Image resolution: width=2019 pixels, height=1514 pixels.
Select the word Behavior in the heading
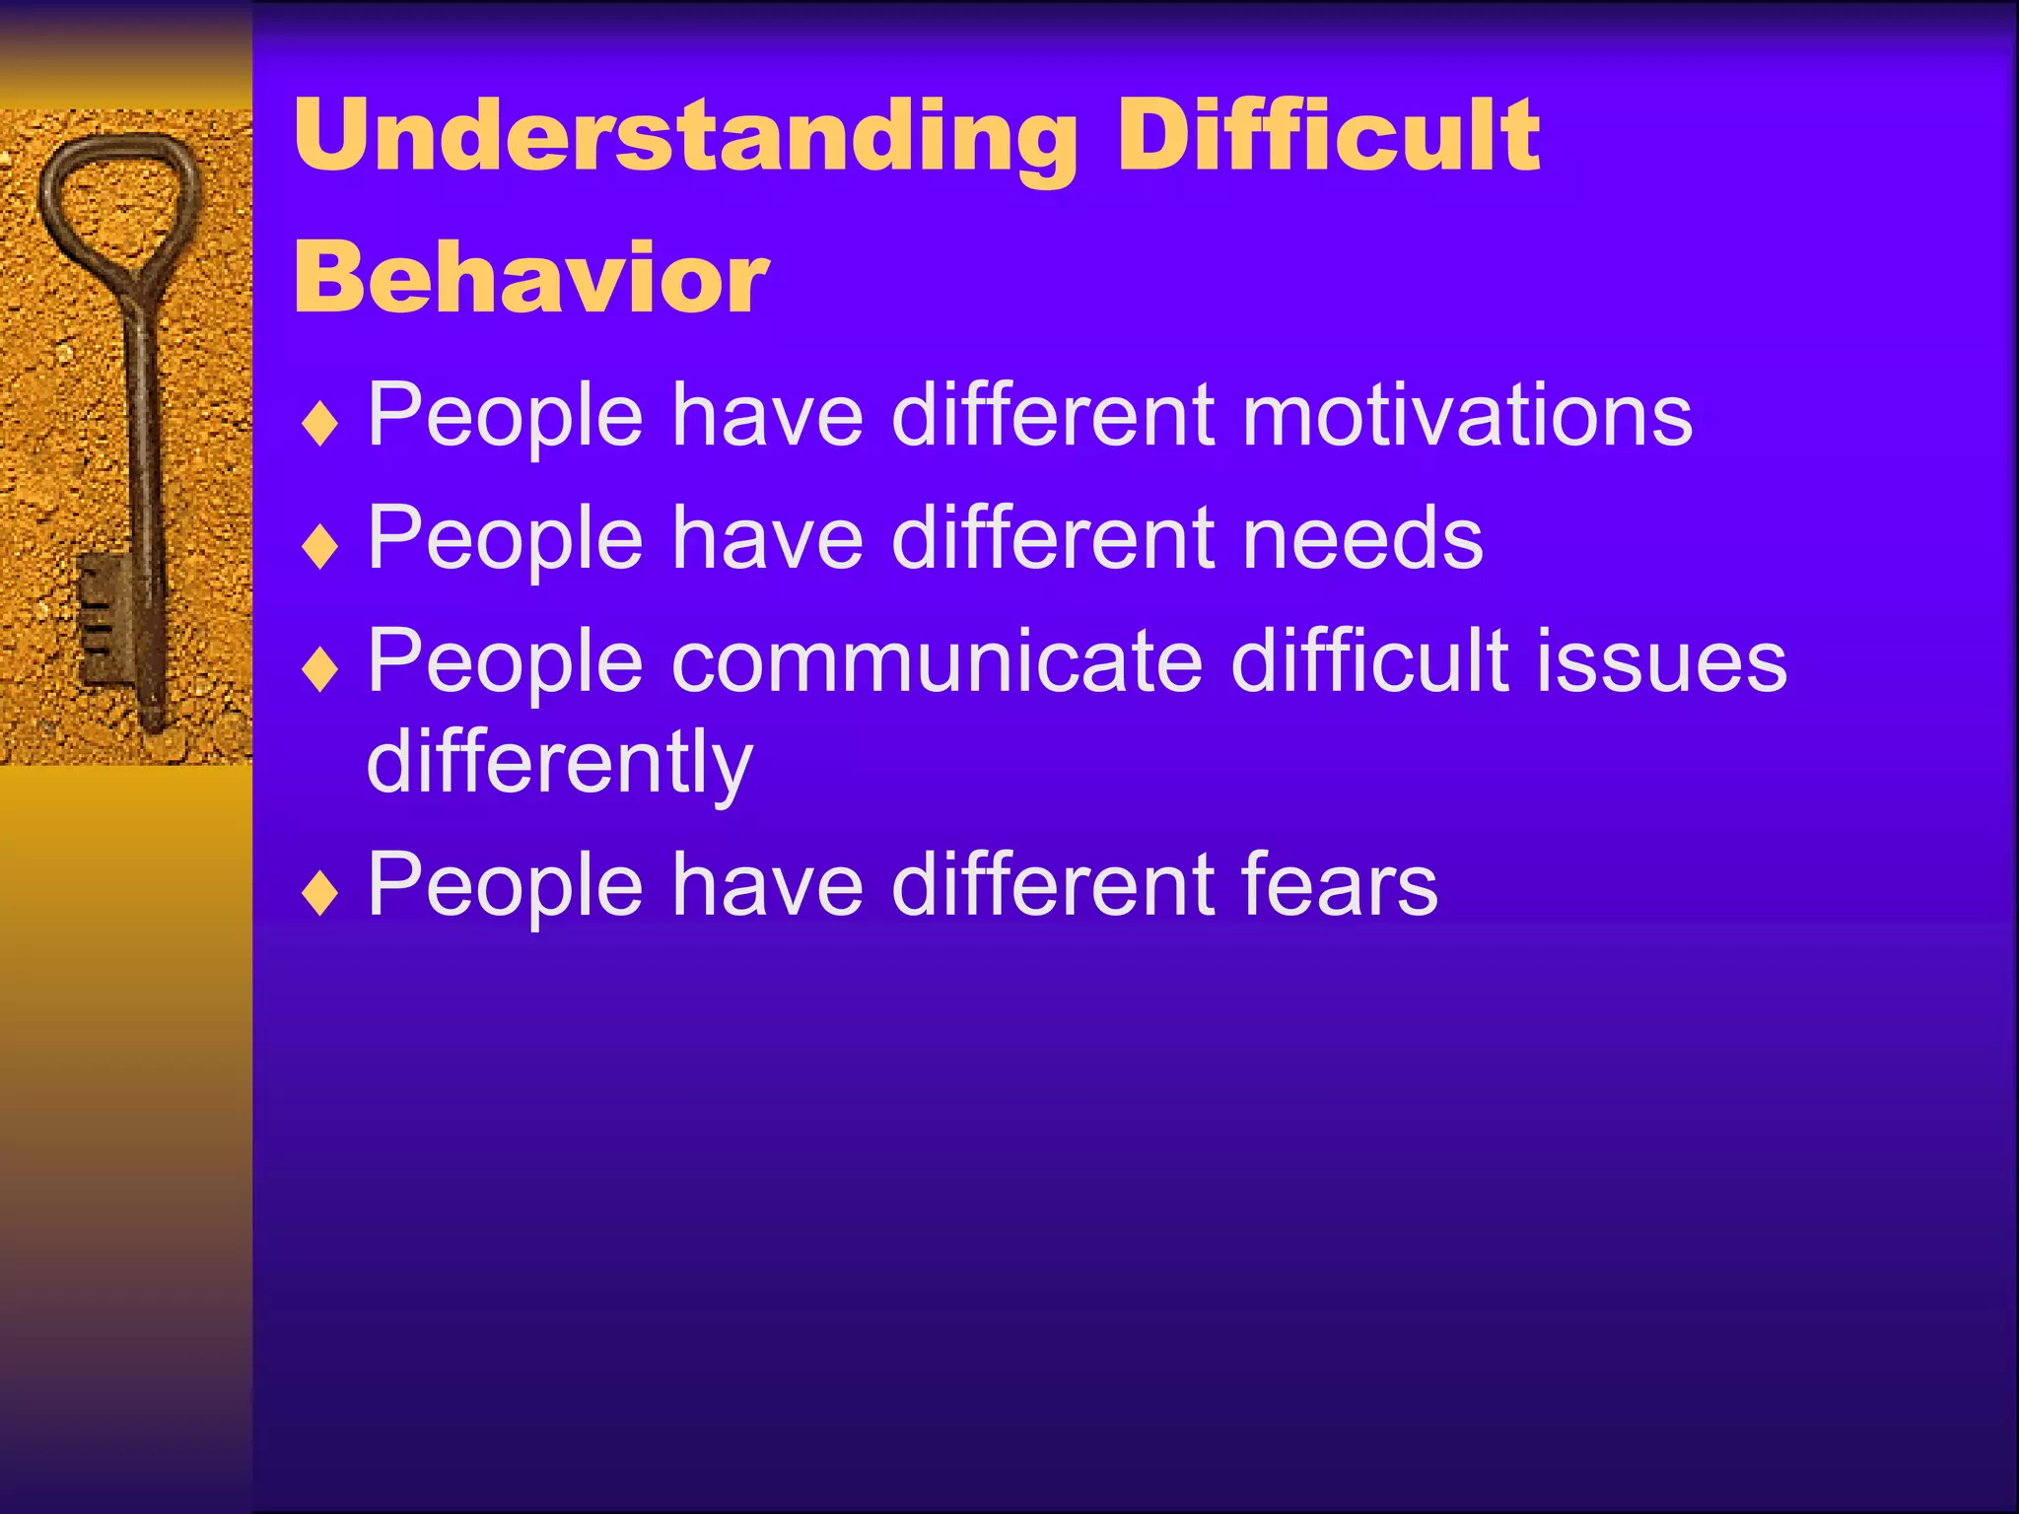pyautogui.click(x=530, y=279)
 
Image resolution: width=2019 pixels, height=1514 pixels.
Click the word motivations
pyautogui.click(x=1467, y=416)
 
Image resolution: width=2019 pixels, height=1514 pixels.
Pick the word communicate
pyautogui.click(x=937, y=661)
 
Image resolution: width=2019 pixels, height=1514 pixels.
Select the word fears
pyautogui.click(x=1340, y=885)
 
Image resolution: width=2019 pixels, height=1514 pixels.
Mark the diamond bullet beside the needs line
pyautogui.click(x=320, y=548)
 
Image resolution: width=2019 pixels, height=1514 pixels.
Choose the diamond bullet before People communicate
pyautogui.click(x=320, y=671)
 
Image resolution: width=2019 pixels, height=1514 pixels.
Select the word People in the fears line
pyautogui.click(x=505, y=885)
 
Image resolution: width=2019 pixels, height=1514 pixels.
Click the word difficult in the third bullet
pyautogui.click(x=1370, y=661)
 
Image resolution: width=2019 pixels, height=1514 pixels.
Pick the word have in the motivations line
pyautogui.click(x=767, y=416)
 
